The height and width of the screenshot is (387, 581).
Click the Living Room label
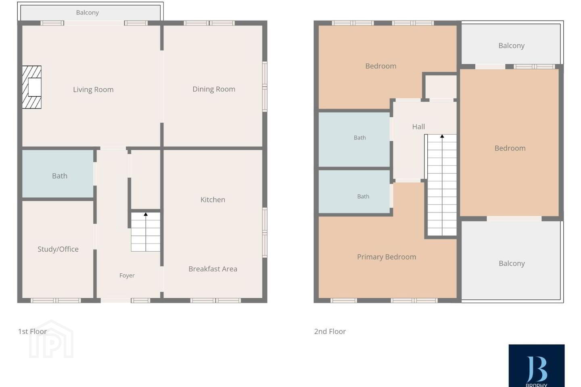click(93, 89)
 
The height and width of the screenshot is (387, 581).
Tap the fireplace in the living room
click(31, 87)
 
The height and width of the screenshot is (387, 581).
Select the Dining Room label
click(214, 89)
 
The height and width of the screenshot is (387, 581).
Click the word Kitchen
click(213, 200)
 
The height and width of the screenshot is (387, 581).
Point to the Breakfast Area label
click(213, 269)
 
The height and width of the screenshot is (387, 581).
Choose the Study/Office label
click(58, 249)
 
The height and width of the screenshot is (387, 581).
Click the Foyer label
click(127, 275)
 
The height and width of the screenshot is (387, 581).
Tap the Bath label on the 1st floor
click(60, 176)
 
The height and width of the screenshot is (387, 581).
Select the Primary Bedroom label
click(387, 257)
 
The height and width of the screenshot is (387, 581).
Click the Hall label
click(418, 127)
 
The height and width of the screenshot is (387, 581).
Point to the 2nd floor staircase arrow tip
click(442, 135)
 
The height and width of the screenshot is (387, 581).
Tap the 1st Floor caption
click(32, 331)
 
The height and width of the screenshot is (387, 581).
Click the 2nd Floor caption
click(330, 331)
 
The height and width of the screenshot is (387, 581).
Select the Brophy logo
click(536, 366)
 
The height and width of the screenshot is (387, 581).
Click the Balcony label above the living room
click(88, 12)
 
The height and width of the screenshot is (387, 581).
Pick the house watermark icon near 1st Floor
click(51, 339)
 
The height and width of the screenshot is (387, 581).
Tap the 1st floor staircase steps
click(146, 232)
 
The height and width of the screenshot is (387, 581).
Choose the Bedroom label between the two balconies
click(510, 148)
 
